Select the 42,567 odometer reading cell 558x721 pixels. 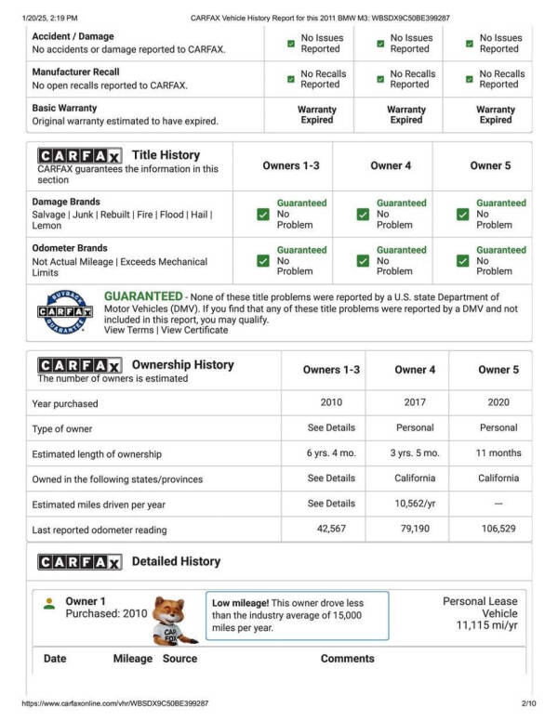[x=331, y=530]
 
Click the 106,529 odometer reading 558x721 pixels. [x=498, y=530]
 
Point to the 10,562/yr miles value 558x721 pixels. [x=415, y=504]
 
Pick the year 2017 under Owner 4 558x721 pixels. [x=415, y=403]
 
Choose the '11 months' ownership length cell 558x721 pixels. [x=498, y=453]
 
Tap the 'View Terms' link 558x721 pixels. [x=128, y=331]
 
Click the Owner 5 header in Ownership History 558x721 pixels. [x=498, y=370]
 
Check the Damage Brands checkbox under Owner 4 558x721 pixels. [x=363, y=215]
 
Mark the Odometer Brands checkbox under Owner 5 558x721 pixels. [x=462, y=261]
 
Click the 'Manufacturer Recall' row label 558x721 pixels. [x=76, y=72]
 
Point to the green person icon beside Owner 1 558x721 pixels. [x=48, y=602]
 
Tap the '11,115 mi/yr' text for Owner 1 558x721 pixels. [x=486, y=626]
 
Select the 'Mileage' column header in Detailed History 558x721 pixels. [x=132, y=659]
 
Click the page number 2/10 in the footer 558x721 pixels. [x=529, y=704]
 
